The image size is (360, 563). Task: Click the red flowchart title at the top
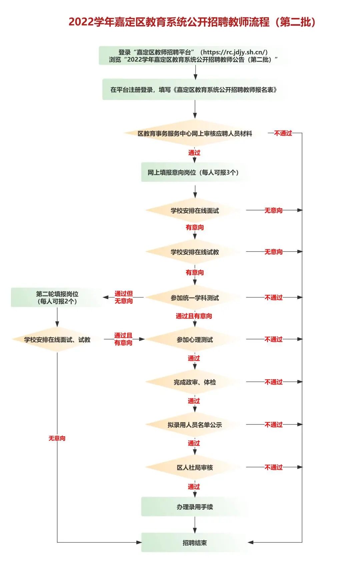pos(192,22)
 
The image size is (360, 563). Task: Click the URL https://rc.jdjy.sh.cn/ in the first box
pos(235,52)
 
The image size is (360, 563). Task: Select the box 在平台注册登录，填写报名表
pos(194,89)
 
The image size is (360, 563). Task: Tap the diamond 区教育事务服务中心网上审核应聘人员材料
pos(195,133)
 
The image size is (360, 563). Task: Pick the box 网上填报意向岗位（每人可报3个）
pos(193,172)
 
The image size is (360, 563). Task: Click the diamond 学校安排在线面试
pos(195,210)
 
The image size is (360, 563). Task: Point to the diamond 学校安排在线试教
pos(195,252)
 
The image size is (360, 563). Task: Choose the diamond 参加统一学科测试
pos(195,298)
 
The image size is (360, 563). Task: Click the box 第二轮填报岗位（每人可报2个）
pos(57,298)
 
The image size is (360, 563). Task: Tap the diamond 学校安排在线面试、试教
pos(57,340)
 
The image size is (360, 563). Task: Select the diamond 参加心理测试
pos(195,340)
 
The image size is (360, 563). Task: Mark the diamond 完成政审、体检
pos(195,382)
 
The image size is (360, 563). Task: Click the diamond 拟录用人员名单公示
pos(195,425)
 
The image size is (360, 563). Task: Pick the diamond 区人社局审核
pos(195,467)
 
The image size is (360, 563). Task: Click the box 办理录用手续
pos(195,507)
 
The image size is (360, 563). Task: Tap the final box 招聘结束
pos(195,543)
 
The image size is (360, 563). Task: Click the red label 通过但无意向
pos(124,298)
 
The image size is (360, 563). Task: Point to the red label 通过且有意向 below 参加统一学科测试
pos(194,316)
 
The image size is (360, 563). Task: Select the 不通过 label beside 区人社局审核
pos(273,467)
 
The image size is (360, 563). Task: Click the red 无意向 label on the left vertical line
pos(57,438)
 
